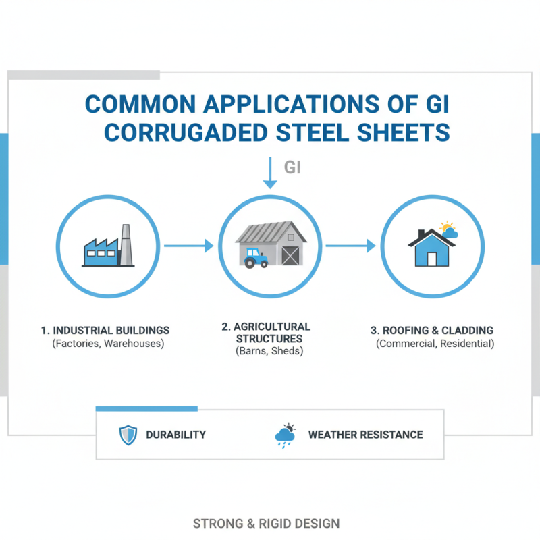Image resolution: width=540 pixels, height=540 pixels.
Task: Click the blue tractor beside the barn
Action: click(255, 257)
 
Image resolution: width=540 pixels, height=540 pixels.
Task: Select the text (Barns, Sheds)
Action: click(269, 352)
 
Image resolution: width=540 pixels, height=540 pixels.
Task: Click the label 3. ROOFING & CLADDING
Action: click(432, 331)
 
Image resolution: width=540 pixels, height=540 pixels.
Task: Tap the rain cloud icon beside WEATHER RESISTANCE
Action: click(285, 437)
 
